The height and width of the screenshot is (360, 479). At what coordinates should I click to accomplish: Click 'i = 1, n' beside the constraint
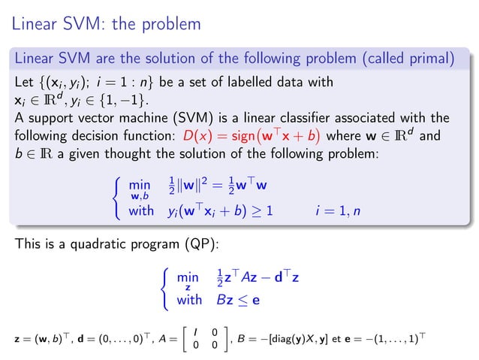tap(338, 211)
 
